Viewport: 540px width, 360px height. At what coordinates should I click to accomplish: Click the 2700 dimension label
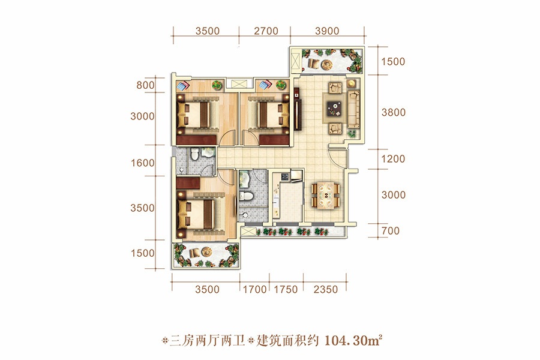(x=266, y=31)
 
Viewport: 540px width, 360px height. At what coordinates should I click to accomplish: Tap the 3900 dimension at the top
(x=327, y=31)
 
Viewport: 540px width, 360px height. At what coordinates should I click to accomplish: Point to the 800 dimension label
(x=145, y=85)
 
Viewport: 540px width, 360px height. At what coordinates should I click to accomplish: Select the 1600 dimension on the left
(x=143, y=163)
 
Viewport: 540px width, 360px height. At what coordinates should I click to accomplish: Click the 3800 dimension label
(x=393, y=112)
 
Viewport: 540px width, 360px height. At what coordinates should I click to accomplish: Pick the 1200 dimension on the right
(x=393, y=159)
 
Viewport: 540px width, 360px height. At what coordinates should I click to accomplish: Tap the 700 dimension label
(x=391, y=231)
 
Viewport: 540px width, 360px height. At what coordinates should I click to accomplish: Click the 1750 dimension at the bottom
(x=286, y=289)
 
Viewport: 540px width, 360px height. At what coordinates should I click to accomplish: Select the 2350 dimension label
(x=325, y=289)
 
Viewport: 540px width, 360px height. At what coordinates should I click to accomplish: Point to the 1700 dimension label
(x=255, y=289)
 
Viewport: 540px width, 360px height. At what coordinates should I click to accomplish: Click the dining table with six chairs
(x=325, y=195)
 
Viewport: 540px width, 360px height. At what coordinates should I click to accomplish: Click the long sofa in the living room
(x=353, y=109)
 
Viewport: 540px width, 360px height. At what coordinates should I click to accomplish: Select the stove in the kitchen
(x=285, y=177)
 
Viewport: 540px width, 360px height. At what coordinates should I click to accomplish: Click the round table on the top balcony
(x=326, y=64)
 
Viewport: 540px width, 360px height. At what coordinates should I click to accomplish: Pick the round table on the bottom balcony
(x=206, y=252)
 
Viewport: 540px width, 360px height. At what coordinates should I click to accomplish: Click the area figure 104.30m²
(x=353, y=341)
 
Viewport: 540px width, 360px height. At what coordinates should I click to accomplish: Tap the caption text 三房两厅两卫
(x=208, y=341)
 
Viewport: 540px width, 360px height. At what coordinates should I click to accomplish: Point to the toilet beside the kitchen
(x=246, y=196)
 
